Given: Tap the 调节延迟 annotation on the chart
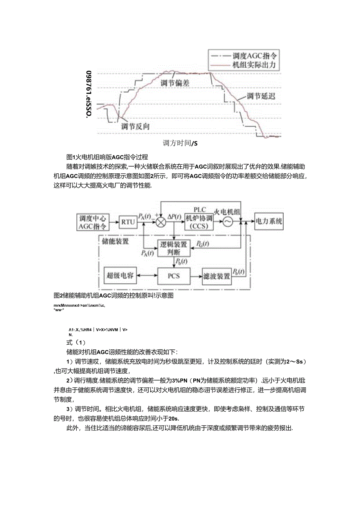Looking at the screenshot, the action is click(261, 96).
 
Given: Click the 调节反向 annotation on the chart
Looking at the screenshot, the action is click(135, 126).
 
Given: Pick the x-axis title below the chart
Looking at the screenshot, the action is click(180, 143).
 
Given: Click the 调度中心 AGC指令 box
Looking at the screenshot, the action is click(92, 222).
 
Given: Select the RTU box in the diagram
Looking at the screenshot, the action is click(128, 222).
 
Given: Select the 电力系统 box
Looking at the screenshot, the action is click(269, 221).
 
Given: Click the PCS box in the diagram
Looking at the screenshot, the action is click(173, 275).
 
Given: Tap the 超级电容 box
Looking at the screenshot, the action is click(120, 275).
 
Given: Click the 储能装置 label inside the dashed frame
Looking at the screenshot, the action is click(115, 241).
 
